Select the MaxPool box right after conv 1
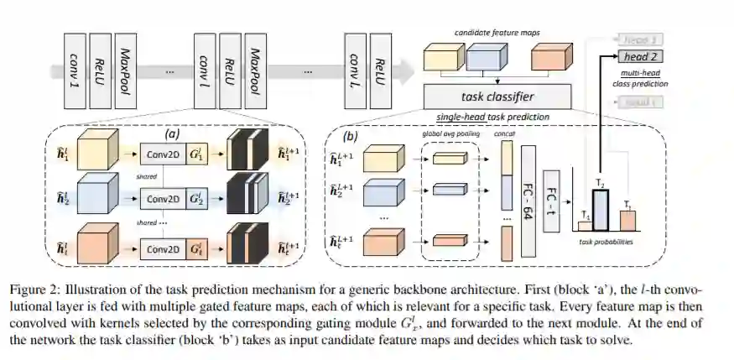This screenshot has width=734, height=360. click(127, 70)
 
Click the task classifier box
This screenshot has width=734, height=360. click(497, 96)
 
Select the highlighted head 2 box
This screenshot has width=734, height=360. click(641, 57)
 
